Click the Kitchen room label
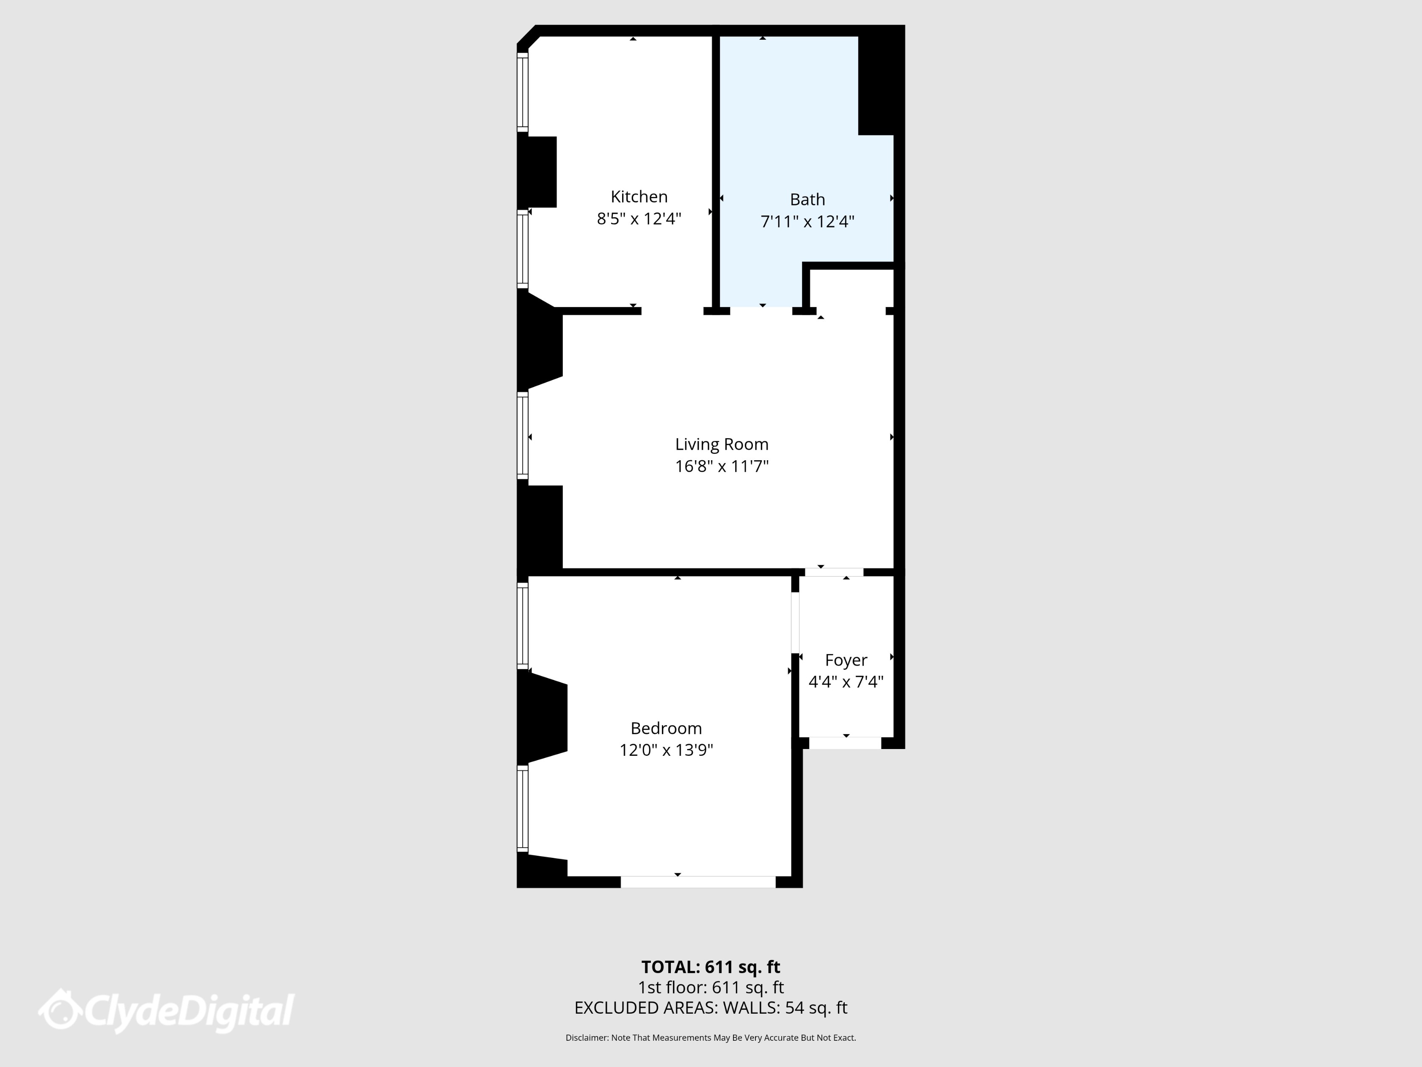coord(639,197)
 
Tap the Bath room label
coord(807,199)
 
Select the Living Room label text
coord(721,445)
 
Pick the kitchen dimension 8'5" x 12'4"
coord(639,218)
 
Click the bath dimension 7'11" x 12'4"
coord(807,222)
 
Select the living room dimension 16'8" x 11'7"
coord(721,466)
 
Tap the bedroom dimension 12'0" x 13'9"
coord(666,750)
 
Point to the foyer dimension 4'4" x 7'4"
coord(846,682)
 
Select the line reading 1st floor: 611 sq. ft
coord(710,987)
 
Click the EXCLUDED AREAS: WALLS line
coord(710,1008)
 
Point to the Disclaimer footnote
coord(710,1037)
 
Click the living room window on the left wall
coord(523,437)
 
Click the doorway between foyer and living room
coord(834,572)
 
